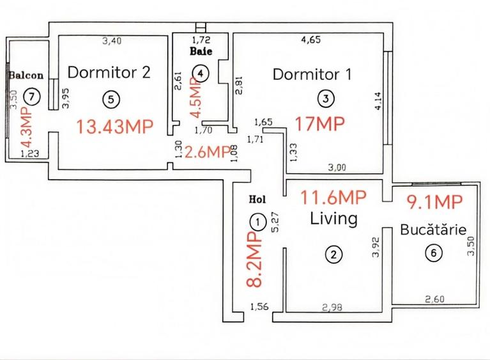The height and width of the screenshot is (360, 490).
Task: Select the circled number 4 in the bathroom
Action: (201, 73)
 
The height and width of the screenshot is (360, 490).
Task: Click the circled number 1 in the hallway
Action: (257, 222)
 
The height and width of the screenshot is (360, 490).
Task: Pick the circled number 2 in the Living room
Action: (333, 254)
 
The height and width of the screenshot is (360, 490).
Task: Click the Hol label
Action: (256, 199)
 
